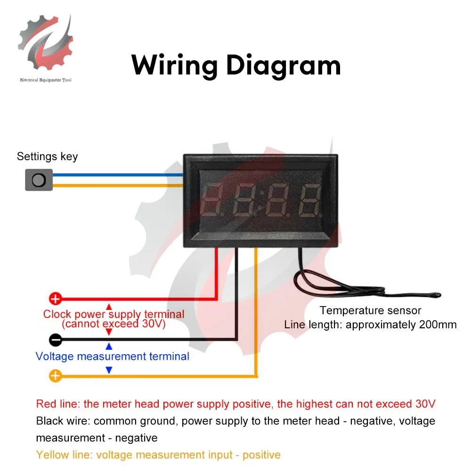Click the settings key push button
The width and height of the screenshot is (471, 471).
39,179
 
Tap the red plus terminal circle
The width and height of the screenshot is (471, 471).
56,299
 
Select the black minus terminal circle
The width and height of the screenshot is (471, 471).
56,339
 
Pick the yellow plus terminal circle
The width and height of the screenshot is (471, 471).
56,376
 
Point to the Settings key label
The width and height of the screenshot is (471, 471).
47,156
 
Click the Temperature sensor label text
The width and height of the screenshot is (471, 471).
370,310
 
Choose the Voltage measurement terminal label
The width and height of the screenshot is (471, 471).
113,356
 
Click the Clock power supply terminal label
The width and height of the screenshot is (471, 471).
114,314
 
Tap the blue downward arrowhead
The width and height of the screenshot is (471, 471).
109,370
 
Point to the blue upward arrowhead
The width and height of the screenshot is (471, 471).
109,346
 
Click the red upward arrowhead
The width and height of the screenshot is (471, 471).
109,307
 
